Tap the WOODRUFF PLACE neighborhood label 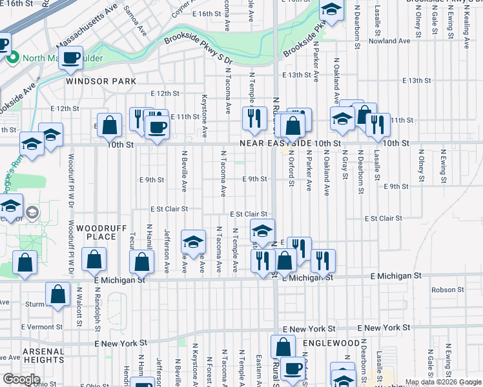96,232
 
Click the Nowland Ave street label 391,41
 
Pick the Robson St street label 449,290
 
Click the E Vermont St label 41,327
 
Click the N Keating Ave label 466,29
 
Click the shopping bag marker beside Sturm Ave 57,293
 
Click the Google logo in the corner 21,379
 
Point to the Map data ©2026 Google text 442,382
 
